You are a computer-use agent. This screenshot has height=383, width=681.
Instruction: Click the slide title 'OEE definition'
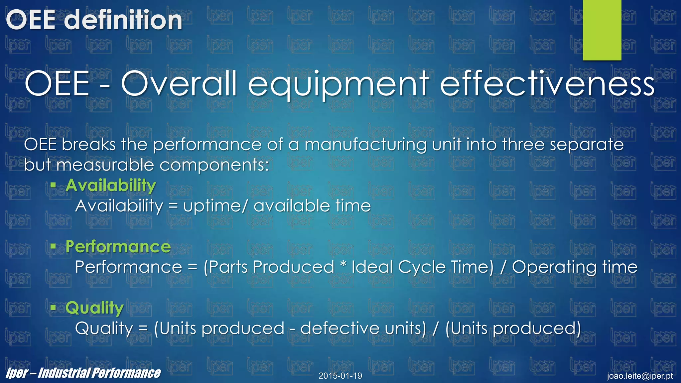[x=94, y=20]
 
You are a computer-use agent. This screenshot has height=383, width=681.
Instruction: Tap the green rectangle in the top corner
[x=602, y=30]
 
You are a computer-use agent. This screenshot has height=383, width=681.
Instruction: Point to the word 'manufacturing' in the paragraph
[x=365, y=145]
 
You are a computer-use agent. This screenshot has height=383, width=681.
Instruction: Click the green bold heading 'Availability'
[x=111, y=185]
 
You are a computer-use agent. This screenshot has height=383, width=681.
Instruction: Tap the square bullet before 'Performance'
[x=53, y=246]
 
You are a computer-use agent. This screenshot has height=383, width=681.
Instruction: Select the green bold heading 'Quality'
[x=95, y=308]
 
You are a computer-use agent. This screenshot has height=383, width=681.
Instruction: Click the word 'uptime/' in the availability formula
[x=216, y=206]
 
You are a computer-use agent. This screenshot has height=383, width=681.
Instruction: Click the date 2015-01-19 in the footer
[x=340, y=376]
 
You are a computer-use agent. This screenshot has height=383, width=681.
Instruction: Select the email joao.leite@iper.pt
[x=640, y=376]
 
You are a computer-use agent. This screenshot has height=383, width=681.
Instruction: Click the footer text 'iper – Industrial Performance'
[x=83, y=373]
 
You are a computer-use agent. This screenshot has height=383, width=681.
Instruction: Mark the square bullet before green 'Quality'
[x=53, y=308]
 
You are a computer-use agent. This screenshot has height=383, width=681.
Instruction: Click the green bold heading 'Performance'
[x=118, y=247]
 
